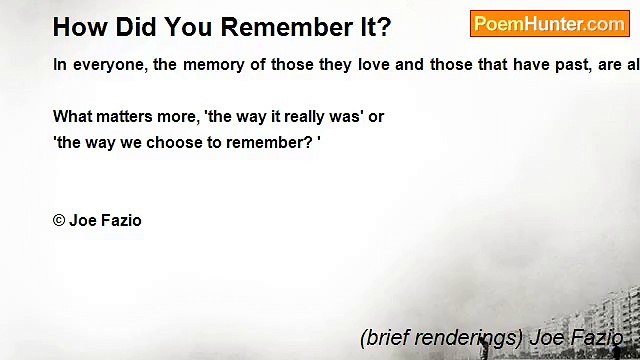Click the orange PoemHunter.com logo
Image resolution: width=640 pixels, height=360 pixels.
tap(549, 23)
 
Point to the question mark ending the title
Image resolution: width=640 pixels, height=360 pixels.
tap(384, 27)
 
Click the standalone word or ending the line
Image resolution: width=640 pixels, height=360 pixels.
tap(376, 116)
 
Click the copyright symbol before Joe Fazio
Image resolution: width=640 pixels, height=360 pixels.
tap(59, 220)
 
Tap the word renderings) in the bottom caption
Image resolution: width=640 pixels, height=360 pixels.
tap(469, 337)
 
